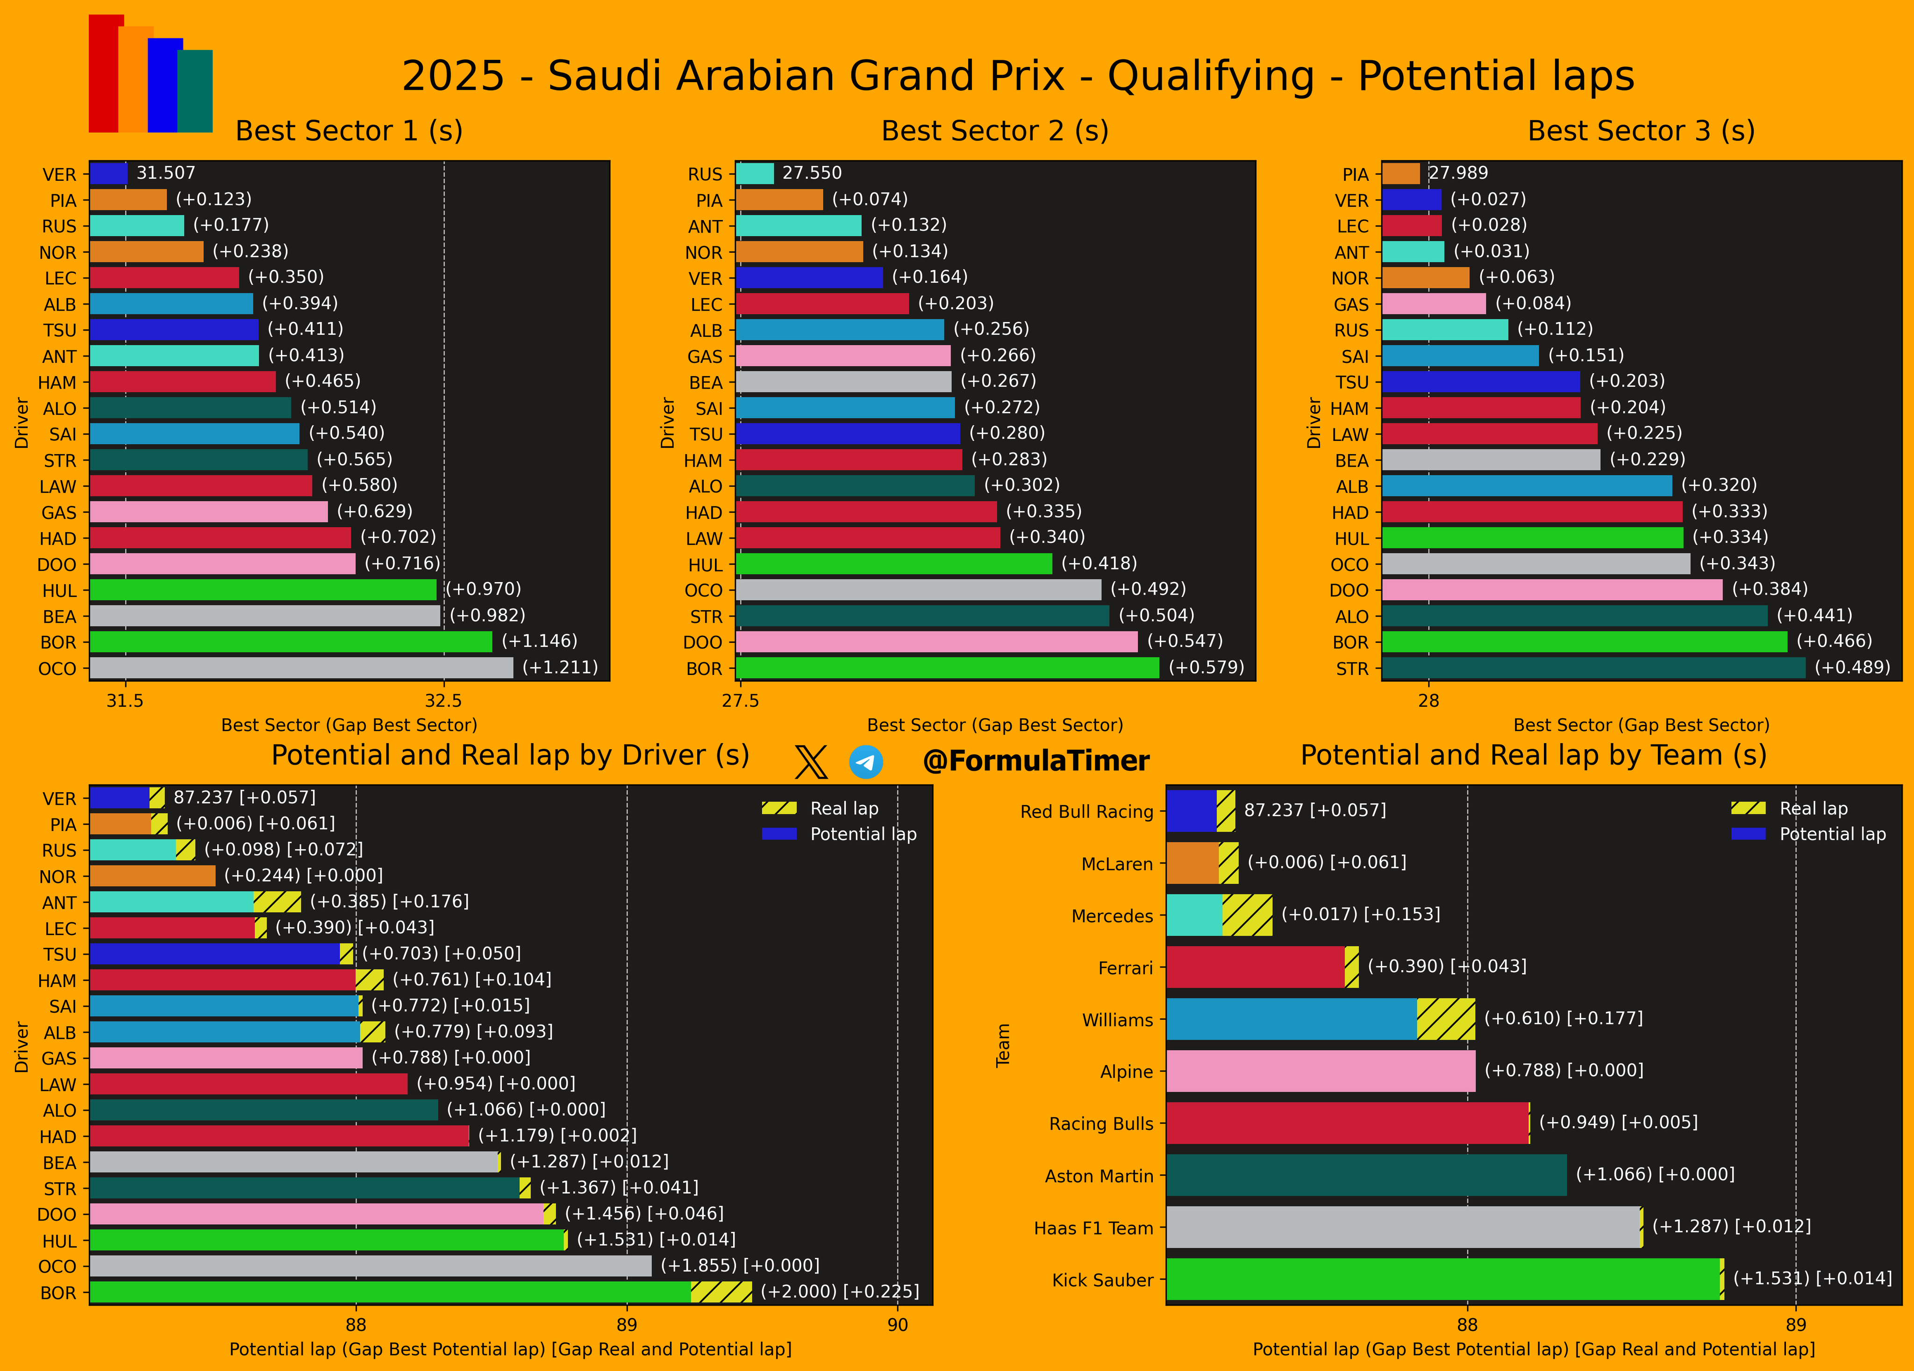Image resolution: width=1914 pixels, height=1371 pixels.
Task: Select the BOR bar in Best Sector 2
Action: point(947,668)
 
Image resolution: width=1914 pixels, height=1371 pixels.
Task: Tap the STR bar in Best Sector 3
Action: point(1593,668)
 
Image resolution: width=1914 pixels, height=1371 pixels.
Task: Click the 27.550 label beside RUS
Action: point(811,173)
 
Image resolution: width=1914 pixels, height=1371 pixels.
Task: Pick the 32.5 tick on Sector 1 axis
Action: point(443,700)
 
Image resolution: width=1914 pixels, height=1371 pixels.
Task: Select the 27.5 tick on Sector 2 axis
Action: point(740,700)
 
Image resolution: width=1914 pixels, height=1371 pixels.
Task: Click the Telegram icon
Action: point(866,762)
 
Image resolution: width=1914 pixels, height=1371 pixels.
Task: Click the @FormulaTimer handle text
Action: point(1036,761)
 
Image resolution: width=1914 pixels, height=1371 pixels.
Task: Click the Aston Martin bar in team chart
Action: point(1365,1174)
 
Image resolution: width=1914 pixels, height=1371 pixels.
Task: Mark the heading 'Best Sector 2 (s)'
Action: point(994,131)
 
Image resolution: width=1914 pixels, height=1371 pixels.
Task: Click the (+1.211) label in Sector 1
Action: point(559,668)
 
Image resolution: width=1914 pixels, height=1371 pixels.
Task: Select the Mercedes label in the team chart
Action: point(1111,916)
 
